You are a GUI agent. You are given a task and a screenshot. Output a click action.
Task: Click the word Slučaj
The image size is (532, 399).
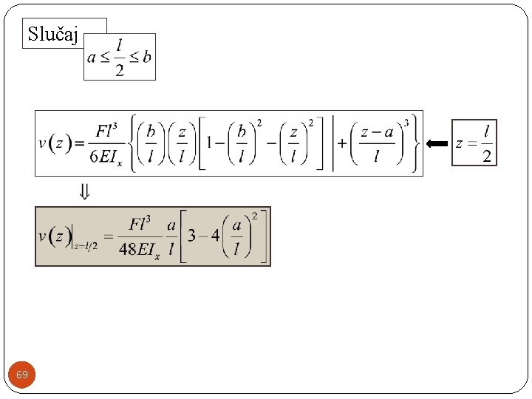pyautogui.click(x=52, y=33)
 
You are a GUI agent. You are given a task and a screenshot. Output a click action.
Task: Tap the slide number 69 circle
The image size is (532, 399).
pyautogui.click(x=22, y=375)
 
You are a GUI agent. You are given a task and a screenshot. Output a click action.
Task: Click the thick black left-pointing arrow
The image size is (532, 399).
pyautogui.click(x=437, y=143)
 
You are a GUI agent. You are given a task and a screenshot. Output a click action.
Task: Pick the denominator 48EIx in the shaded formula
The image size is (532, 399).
pyautogui.click(x=139, y=249)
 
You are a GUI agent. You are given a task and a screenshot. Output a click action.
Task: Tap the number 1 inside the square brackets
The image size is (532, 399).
pyautogui.click(x=211, y=143)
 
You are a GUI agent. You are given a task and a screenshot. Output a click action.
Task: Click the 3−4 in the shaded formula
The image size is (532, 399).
pyautogui.click(x=203, y=236)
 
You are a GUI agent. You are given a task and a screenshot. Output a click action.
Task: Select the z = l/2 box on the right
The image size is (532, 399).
pyautogui.click(x=474, y=143)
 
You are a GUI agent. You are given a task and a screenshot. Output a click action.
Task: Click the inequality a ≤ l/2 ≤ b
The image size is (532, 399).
pyautogui.click(x=119, y=57)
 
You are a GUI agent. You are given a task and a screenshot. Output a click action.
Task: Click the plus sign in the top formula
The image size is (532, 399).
pyautogui.click(x=342, y=143)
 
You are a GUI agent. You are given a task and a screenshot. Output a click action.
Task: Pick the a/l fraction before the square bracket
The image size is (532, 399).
pyautogui.click(x=171, y=236)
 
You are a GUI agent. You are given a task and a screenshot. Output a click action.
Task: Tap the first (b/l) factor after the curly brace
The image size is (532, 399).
pyautogui.click(x=151, y=143)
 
